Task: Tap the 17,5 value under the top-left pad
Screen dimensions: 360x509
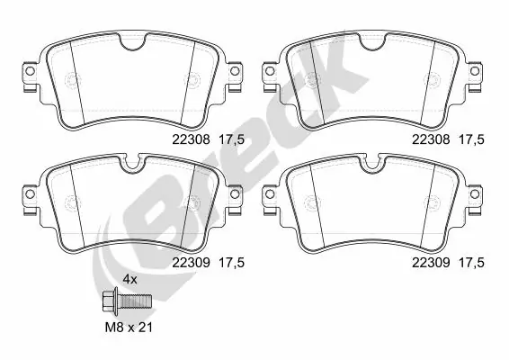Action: click(x=233, y=140)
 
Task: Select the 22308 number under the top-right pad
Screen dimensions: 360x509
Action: click(x=429, y=140)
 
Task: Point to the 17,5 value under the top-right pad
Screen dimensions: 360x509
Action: click(x=474, y=140)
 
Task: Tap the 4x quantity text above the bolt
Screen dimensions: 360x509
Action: click(x=129, y=280)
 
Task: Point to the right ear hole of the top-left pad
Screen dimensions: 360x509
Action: click(x=235, y=71)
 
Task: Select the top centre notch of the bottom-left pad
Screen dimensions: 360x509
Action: click(x=132, y=164)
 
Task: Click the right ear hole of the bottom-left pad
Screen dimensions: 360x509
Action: click(x=235, y=191)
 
